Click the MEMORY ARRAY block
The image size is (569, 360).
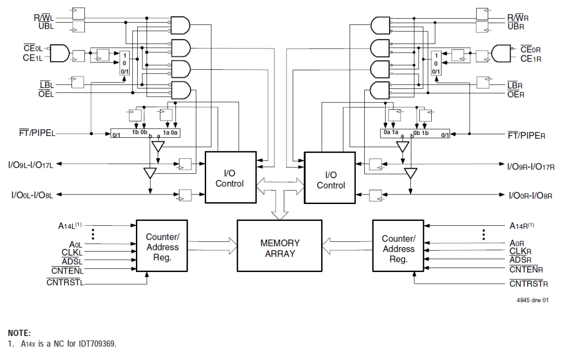pos(280,248)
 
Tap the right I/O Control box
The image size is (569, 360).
pos(330,180)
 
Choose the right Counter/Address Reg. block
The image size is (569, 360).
pos(398,249)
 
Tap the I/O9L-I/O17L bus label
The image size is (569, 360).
pos(31,165)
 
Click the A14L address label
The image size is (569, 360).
pos(69,225)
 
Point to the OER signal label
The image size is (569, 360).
pos(516,94)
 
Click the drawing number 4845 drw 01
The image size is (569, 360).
pos(532,300)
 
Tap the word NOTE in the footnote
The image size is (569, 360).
pos(19,333)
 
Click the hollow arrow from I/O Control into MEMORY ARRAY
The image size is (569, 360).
pos(280,204)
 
